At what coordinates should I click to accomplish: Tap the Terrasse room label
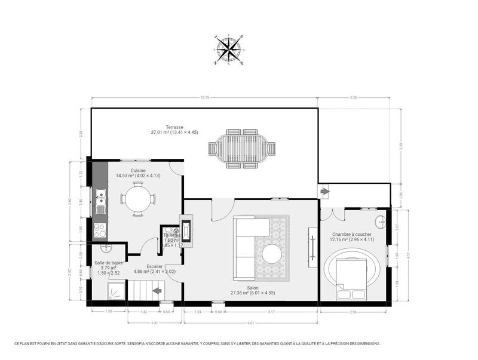174,130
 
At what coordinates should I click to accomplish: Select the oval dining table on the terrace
242,148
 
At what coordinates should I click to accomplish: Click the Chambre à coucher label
352,236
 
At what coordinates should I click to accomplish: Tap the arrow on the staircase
158,291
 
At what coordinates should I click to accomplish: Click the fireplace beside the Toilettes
186,232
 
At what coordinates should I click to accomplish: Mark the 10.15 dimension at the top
204,97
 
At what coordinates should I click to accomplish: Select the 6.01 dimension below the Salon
251,323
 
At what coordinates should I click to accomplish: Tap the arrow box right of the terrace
324,192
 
